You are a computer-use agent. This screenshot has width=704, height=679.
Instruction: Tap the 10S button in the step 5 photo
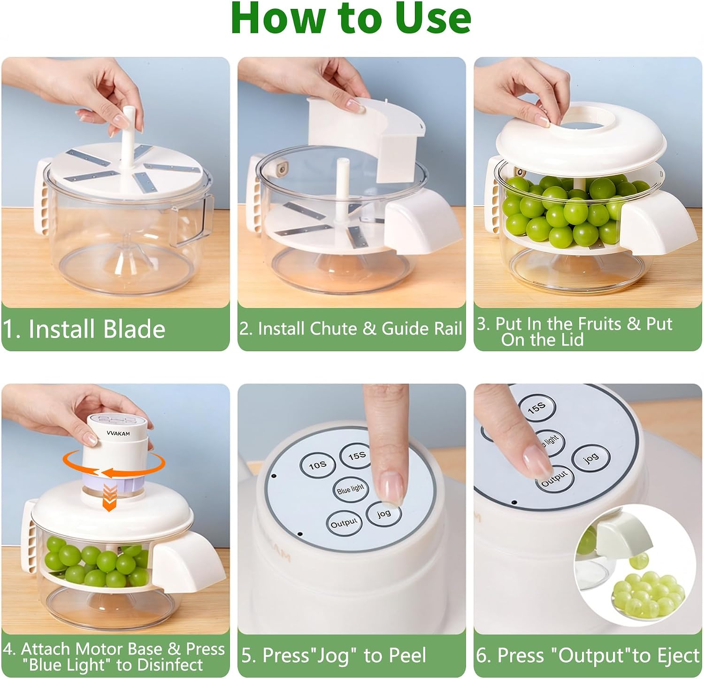point(318,465)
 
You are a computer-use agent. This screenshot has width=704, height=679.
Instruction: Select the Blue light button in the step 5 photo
point(350,489)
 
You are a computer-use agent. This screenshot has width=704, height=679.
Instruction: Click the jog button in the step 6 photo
point(591,457)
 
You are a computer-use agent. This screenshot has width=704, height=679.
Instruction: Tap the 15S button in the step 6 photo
point(537,408)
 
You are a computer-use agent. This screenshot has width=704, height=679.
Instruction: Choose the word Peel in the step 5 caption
point(407,656)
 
